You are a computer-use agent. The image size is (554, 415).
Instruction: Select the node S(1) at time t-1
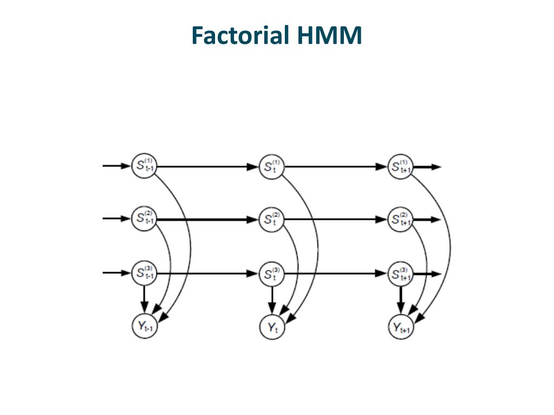[x=144, y=166]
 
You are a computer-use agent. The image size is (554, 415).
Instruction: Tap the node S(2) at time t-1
[x=144, y=219]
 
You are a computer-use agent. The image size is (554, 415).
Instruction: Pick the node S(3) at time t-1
[x=144, y=273]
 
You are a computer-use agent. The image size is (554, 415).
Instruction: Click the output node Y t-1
[x=144, y=326]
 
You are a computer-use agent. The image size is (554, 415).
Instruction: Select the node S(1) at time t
[x=272, y=167]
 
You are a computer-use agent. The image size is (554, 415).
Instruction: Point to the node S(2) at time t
[x=272, y=220]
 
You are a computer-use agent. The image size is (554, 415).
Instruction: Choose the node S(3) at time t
[x=272, y=273]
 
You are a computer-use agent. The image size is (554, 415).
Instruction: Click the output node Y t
[x=272, y=327]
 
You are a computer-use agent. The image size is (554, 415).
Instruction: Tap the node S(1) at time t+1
[x=400, y=167]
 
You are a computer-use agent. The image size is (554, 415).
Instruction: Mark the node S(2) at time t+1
[x=400, y=220]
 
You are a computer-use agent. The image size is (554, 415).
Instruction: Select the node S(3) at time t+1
[x=400, y=274]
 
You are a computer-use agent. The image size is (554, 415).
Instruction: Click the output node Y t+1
[x=401, y=327]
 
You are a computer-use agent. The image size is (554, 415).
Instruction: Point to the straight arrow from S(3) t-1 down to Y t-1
[x=144, y=299]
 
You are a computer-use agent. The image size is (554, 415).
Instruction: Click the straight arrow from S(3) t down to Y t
[x=272, y=300]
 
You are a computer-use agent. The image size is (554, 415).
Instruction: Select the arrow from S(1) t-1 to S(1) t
[x=208, y=167]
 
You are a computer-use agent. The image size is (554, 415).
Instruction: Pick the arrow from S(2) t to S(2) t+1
[x=336, y=220]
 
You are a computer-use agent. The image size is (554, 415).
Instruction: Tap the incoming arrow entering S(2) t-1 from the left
[x=117, y=219]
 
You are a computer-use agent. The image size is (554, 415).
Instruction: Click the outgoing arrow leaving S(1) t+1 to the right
[x=427, y=167]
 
